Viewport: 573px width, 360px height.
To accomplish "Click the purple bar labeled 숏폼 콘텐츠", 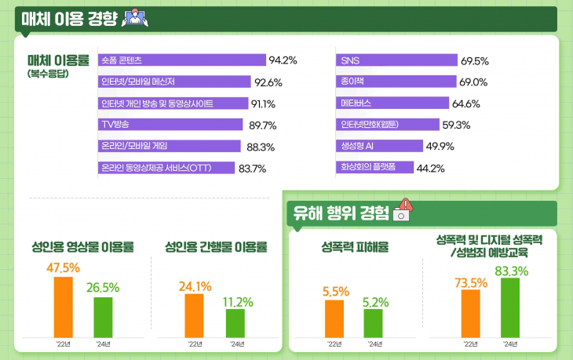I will click(182, 60).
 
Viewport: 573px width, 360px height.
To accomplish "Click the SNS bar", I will click(396, 60).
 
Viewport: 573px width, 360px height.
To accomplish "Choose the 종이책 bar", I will click(396, 82).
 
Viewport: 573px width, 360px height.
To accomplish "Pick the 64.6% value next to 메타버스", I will click(465, 104).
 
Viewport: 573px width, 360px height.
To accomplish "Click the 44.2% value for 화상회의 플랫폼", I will click(431, 168).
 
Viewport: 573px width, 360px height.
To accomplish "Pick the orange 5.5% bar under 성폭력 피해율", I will click(334, 319).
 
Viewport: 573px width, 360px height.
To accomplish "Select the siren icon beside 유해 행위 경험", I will click(403, 212).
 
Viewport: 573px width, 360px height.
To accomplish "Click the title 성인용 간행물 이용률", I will click(215, 246).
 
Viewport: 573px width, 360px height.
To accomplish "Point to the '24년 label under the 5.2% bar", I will click(374, 344).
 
